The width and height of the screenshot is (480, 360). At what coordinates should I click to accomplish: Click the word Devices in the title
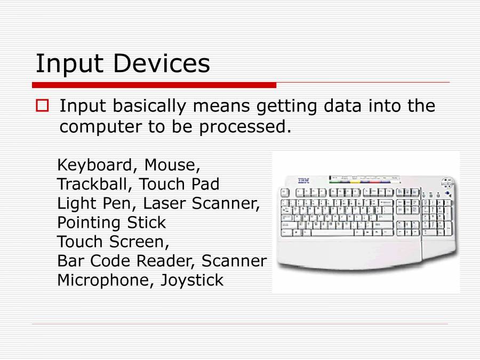click(x=162, y=63)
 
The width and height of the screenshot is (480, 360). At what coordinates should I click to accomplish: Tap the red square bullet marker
click(x=42, y=105)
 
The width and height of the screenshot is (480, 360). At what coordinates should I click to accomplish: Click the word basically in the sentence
click(x=149, y=107)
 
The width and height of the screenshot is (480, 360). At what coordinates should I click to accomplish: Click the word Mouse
click(x=172, y=165)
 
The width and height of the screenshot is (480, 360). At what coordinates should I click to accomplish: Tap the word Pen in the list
click(x=117, y=204)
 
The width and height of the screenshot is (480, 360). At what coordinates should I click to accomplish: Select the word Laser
click(x=164, y=204)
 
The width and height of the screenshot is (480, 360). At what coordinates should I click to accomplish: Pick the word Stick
click(x=146, y=222)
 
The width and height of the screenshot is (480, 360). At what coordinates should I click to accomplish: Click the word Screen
click(x=139, y=242)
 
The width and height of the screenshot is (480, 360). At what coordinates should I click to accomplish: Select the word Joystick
click(x=192, y=281)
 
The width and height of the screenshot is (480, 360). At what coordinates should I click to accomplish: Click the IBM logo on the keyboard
click(x=303, y=181)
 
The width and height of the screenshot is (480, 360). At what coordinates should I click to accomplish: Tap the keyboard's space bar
click(x=332, y=233)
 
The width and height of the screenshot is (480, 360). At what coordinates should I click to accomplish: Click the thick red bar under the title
click(x=154, y=85)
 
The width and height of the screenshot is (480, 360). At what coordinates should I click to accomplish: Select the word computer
click(x=101, y=127)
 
